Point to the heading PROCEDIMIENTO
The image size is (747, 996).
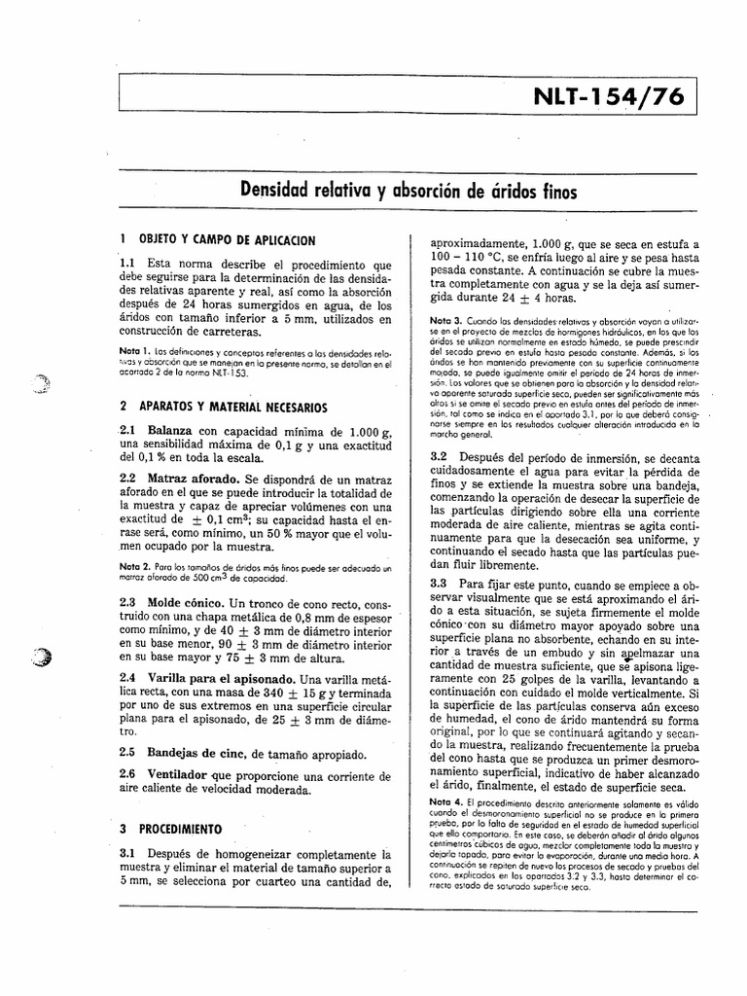click(180, 830)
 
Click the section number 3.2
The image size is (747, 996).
click(437, 456)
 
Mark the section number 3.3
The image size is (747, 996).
click(437, 583)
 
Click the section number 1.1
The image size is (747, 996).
click(127, 264)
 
